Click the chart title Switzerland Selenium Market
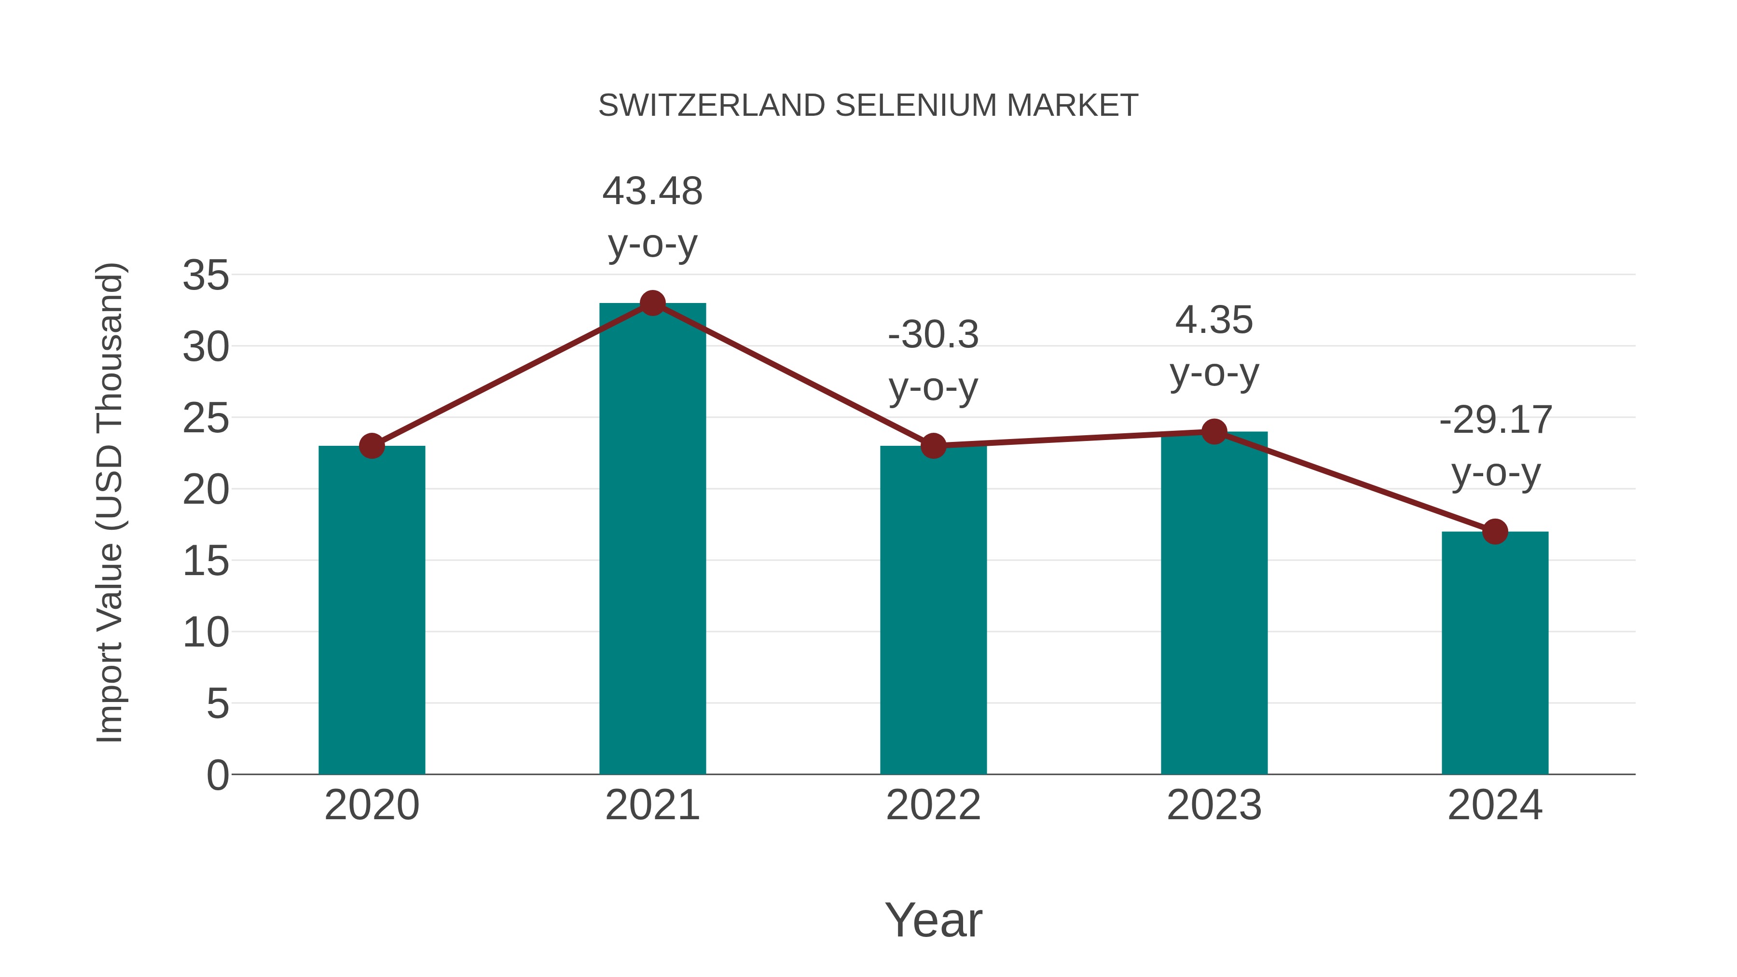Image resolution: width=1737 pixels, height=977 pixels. click(868, 106)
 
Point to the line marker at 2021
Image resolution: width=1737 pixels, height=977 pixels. click(652, 303)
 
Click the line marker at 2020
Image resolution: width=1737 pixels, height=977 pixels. click(372, 446)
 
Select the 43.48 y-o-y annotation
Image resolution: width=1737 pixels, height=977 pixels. click(652, 217)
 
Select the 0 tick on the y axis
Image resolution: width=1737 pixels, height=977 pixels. click(217, 775)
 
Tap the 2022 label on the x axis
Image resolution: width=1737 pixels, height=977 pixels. click(933, 805)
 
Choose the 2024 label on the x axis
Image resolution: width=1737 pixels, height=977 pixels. click(1495, 805)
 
